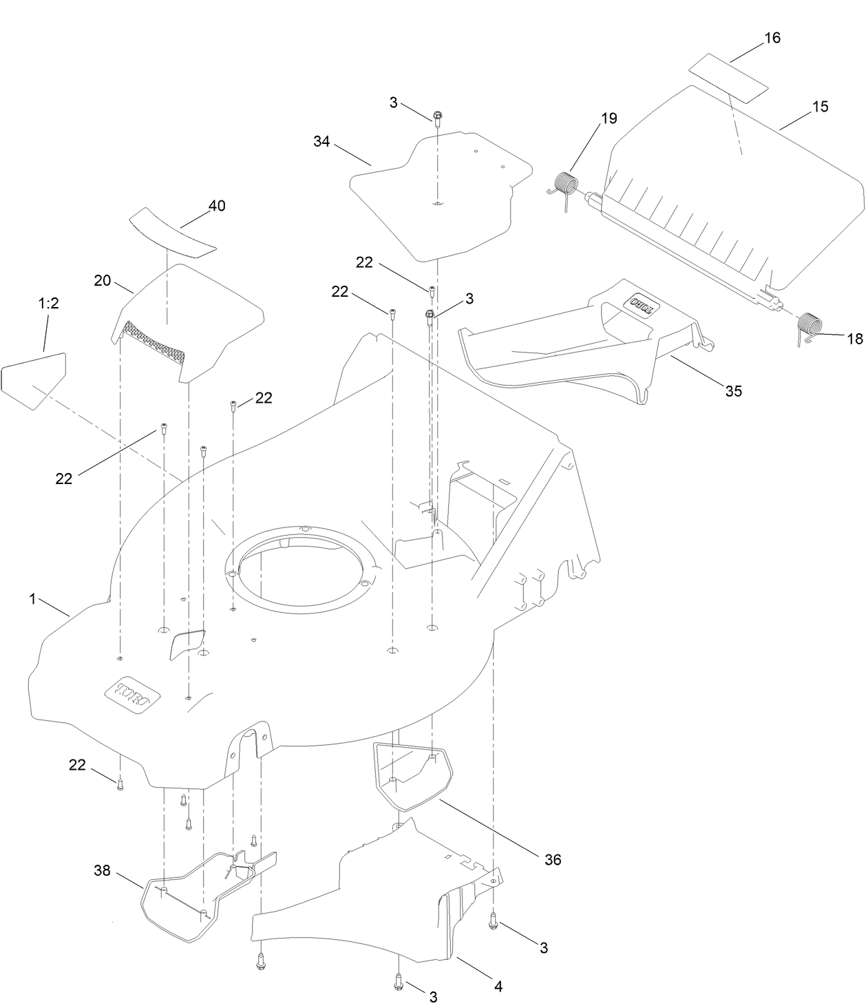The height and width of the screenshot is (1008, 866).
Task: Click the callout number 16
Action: [x=772, y=38]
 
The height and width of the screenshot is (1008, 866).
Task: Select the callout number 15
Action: [x=820, y=107]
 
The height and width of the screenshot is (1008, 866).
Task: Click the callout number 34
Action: [x=321, y=142]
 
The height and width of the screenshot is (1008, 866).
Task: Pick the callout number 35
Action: [x=733, y=390]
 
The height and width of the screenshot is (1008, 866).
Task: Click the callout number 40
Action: [x=216, y=206]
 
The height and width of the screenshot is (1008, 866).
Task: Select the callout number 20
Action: [x=103, y=280]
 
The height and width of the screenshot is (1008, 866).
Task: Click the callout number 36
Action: [x=552, y=859]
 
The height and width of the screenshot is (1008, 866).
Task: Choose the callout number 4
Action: [x=498, y=986]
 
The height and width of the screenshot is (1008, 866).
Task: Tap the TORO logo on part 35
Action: [x=643, y=303]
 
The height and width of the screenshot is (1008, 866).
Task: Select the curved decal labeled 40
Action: [x=172, y=233]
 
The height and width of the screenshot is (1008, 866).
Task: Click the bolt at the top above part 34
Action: [x=437, y=116]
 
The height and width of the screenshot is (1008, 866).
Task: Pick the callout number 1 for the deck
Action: [x=32, y=599]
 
